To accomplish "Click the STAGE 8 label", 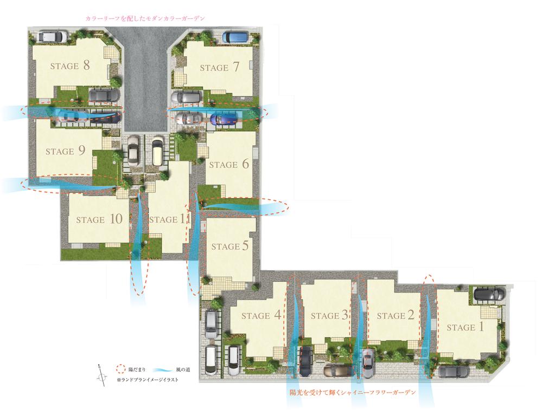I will tap(70, 66).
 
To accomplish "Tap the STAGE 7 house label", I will tap(220, 68).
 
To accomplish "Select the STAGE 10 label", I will tap(99, 219).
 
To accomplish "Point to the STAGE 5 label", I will tap(229, 246).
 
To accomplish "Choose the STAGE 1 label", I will tap(465, 327).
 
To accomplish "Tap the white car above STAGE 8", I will tap(52, 37).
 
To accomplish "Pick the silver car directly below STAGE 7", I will tap(186, 97).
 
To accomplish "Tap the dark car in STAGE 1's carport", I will tap(489, 294).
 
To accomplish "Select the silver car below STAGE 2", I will tap(368, 362).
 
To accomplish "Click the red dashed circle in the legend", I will tap(121, 370).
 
